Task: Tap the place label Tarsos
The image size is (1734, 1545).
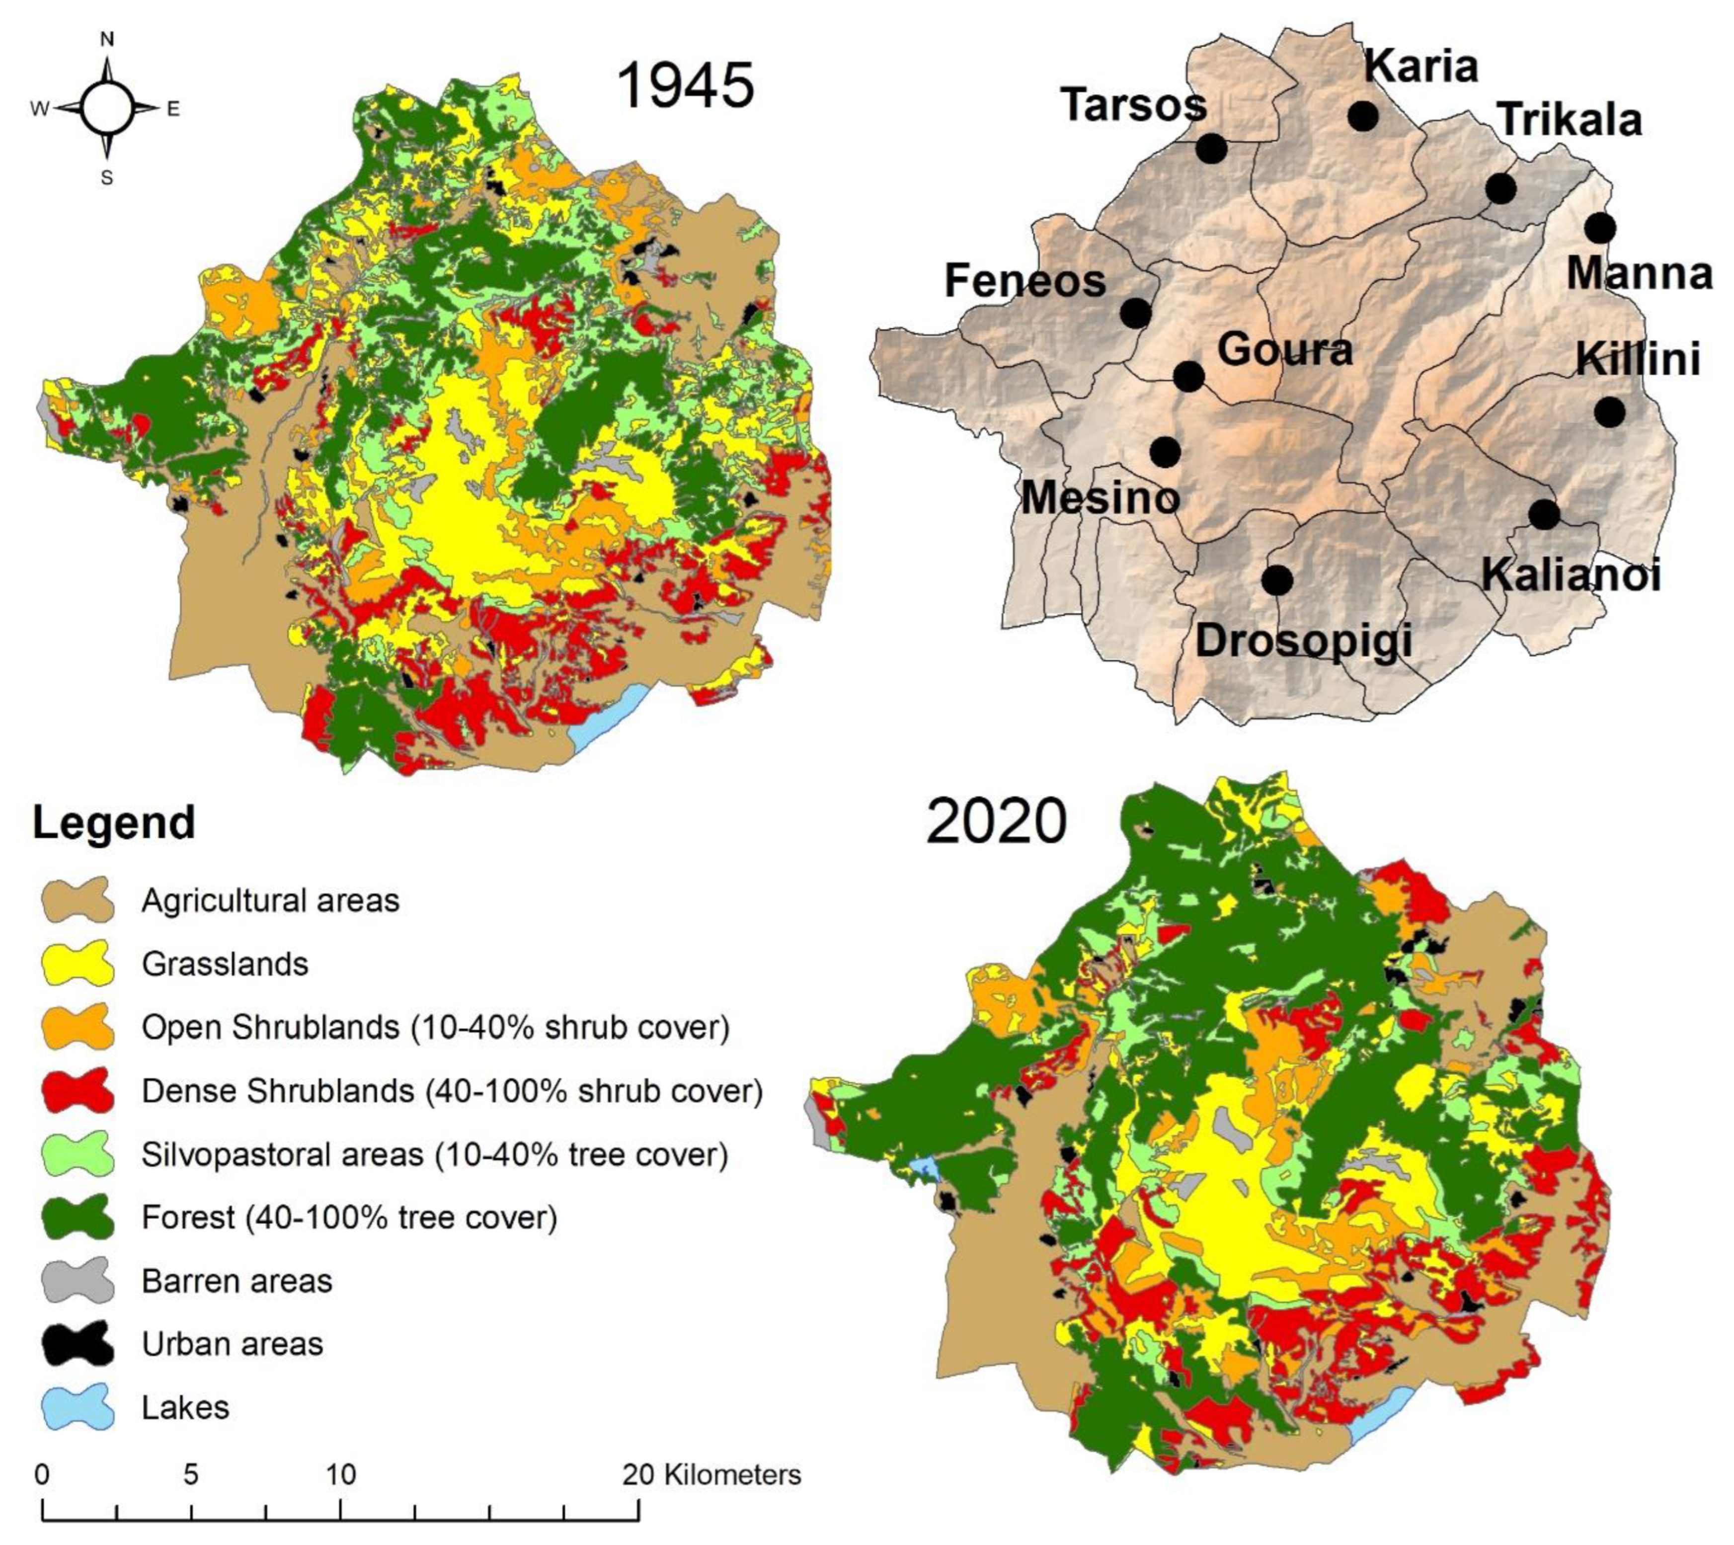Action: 1134,105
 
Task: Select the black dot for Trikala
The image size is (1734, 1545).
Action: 1500,188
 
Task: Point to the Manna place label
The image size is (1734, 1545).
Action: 1639,273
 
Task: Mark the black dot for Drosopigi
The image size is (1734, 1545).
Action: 1276,580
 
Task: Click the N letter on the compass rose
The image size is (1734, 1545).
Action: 107,39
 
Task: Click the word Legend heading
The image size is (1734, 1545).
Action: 114,822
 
